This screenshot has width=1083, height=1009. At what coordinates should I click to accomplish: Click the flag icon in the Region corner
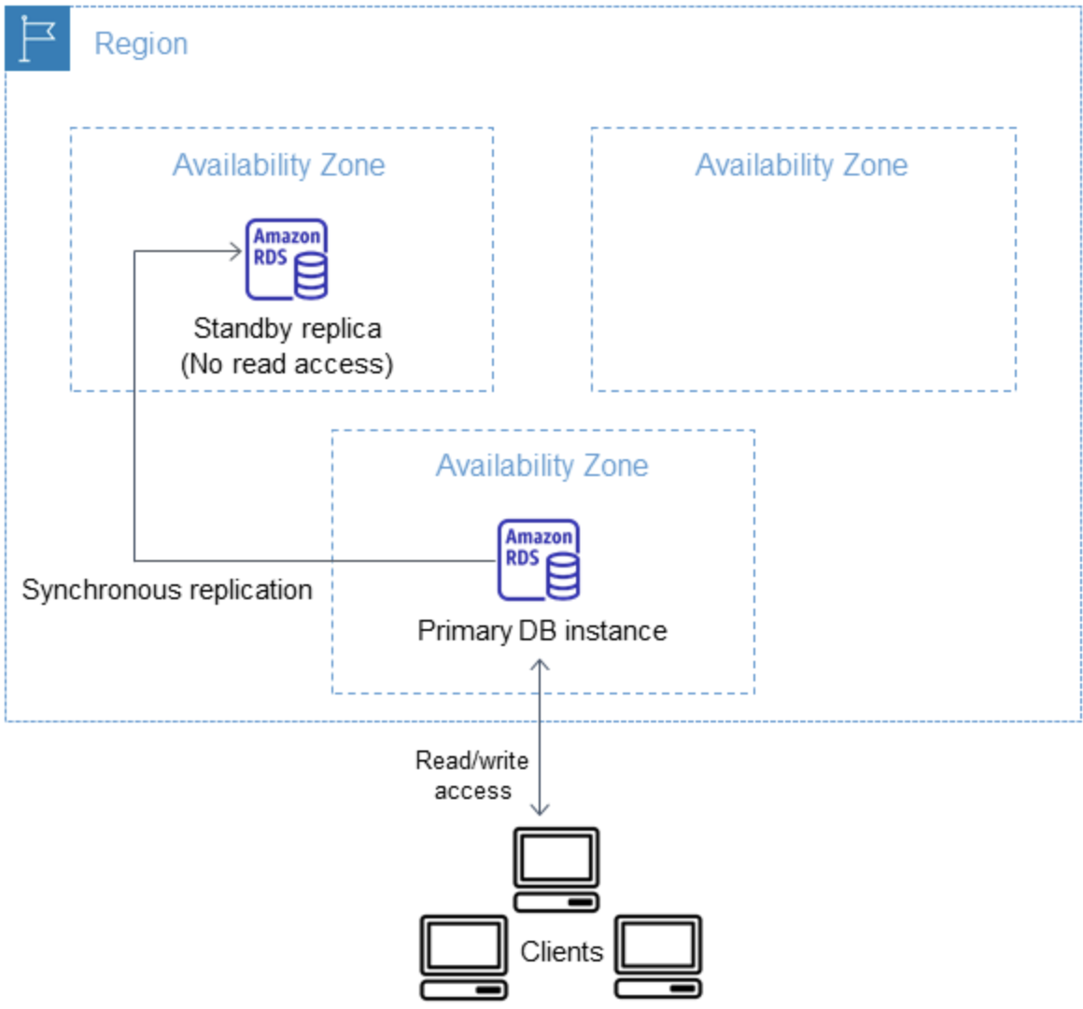coord(37,38)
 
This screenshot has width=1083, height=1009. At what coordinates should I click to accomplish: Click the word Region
coord(141,44)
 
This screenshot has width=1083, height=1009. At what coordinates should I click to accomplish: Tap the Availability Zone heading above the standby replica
coord(278,165)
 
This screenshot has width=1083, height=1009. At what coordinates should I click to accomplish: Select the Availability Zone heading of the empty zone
coord(801,165)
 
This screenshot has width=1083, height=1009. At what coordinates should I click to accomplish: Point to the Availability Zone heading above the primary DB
coord(541,466)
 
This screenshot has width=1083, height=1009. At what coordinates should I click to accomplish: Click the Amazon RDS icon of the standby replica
coord(286,259)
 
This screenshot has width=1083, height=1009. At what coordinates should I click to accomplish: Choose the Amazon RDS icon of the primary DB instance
coord(538,559)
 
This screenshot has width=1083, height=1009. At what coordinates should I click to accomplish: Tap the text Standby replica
coord(287,329)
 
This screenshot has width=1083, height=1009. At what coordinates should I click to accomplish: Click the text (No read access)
coord(287,364)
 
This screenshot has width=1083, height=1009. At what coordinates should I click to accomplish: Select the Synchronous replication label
coord(167,590)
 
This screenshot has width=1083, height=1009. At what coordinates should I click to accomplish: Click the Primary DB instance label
coord(541,631)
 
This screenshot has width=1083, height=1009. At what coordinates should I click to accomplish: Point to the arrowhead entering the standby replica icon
coord(236,250)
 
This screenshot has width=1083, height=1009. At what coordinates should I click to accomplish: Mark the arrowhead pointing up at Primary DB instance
coord(540,666)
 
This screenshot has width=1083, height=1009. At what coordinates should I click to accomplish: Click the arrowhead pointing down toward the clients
coord(540,808)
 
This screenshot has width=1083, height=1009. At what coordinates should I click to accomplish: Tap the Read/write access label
coord(472,776)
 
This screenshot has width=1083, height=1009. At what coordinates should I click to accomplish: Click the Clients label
coord(561,952)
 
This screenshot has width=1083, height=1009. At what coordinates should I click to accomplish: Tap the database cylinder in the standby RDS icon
coord(310,277)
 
